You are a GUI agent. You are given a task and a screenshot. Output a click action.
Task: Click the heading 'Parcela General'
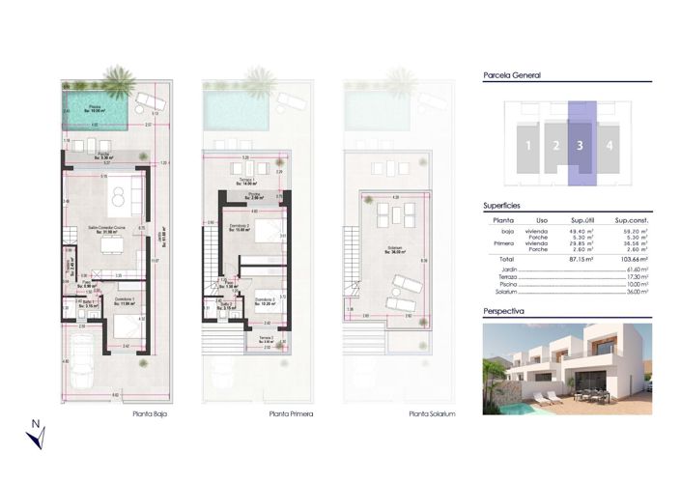click(512, 75)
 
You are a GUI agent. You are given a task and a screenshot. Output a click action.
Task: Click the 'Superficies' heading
click(502, 206)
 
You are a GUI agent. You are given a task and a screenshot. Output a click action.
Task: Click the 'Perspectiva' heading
click(503, 312)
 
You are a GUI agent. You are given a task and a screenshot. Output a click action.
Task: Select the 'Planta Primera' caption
click(291, 413)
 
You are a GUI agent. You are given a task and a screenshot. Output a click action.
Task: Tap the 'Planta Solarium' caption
click(431, 413)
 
